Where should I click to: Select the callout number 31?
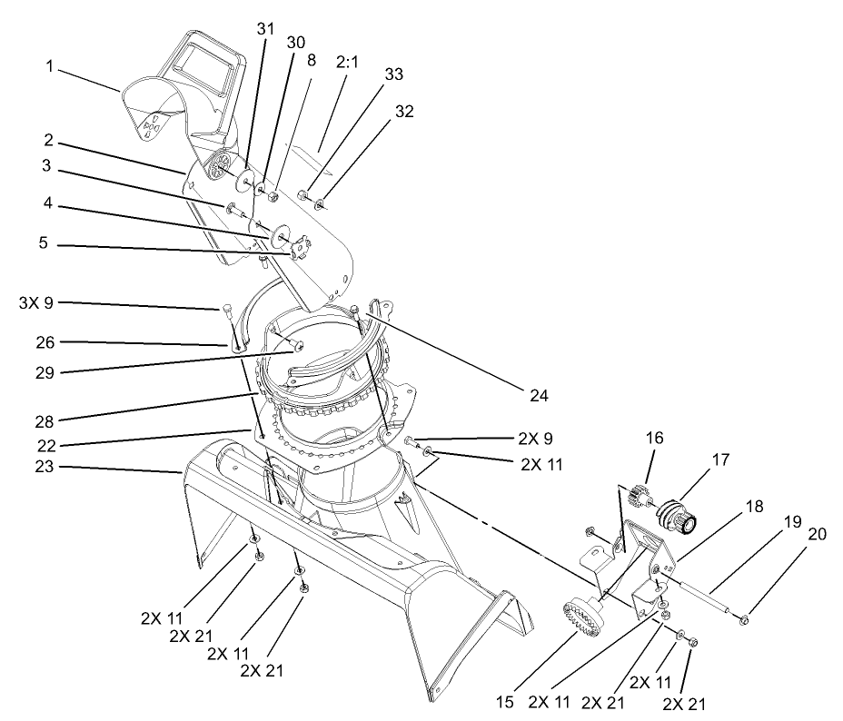(264, 30)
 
